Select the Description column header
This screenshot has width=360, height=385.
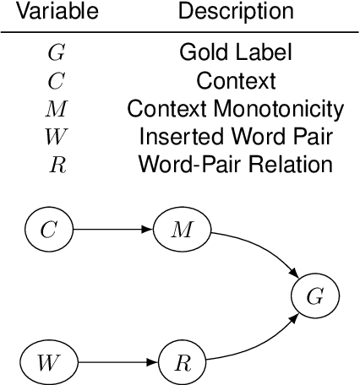pos(236,12)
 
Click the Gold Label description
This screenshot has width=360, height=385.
pos(236,52)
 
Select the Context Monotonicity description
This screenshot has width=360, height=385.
pos(236,108)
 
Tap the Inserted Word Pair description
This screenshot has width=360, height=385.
pos(236,136)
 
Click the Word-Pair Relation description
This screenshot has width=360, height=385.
pos(236,164)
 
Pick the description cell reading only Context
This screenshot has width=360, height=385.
pos(236,80)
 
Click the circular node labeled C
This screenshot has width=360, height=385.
pos(50,229)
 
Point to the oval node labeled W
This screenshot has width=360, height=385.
pos(50,364)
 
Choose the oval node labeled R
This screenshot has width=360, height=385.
pos(183,364)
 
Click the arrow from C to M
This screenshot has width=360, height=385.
pos(114,229)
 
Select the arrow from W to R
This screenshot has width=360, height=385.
pos(117,364)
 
